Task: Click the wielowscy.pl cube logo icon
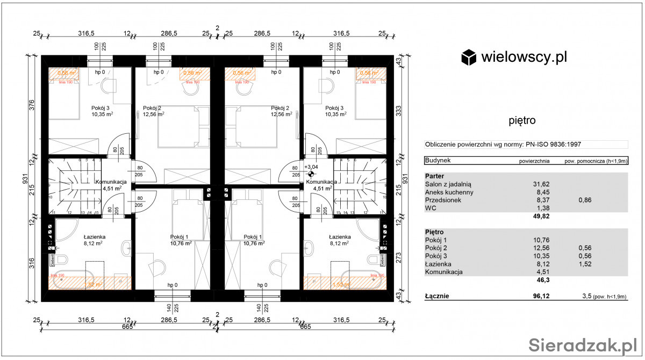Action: coord(469,57)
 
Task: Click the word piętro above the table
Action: coord(522,120)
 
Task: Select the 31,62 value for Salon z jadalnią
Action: coord(540,184)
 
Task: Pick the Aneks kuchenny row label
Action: coord(449,192)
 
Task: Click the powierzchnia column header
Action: coord(534,161)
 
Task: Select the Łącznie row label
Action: coord(437,296)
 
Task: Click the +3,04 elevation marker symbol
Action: coord(311,174)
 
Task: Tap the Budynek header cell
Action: coord(438,160)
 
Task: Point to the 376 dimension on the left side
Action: coord(32,105)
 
